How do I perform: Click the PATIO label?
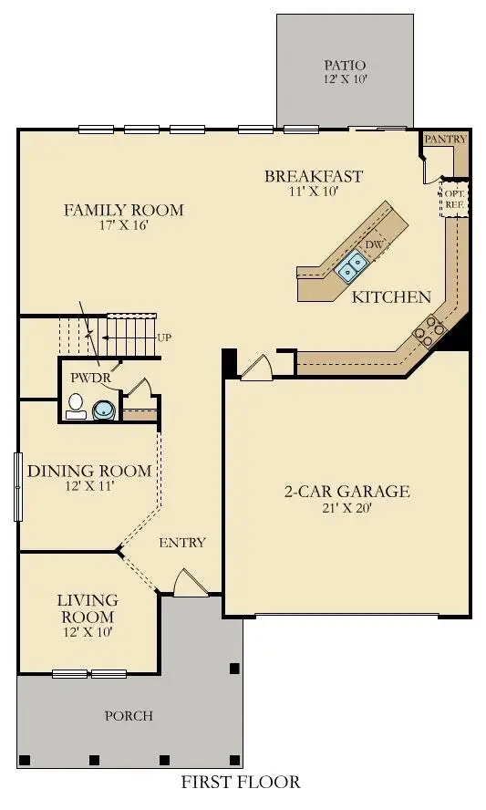pos(344,66)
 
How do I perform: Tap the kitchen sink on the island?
pos(352,265)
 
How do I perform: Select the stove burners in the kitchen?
pos(427,330)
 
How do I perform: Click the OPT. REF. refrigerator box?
pos(453,199)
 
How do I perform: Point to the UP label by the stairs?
pos(164,337)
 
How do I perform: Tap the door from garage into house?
pos(255,366)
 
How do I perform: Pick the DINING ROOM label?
pos(88,471)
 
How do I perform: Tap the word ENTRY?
pos(182,543)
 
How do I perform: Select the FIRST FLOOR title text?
pos(240,782)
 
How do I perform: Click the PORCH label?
pos(128,716)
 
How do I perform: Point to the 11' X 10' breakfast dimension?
pos(314,192)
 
